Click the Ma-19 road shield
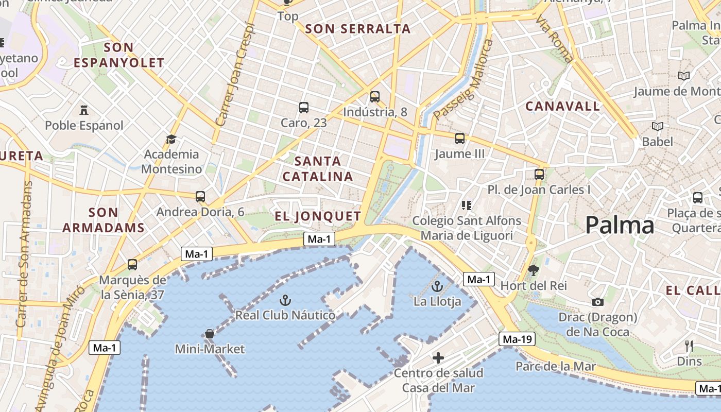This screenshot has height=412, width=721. [x=517, y=339]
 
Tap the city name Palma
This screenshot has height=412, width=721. [x=620, y=226]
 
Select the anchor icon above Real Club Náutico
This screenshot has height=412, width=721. [x=285, y=300]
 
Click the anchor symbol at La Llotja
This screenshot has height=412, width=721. [x=437, y=286]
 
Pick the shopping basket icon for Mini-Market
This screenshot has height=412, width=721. [x=210, y=334]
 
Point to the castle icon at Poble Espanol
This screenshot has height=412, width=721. [x=84, y=110]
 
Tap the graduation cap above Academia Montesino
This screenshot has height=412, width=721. [x=171, y=139]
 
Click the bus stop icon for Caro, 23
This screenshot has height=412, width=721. [x=304, y=108]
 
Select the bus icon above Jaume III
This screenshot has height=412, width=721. [x=460, y=139]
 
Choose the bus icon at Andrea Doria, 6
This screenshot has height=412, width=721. [x=200, y=196]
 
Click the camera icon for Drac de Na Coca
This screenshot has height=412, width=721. [x=598, y=302]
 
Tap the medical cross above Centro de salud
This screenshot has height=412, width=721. [x=438, y=357]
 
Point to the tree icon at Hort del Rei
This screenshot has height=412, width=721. [x=534, y=270]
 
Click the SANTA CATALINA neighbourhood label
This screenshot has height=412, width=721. [x=318, y=169]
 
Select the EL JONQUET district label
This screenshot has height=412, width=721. [x=318, y=216]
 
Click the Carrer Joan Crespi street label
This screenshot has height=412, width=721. [x=236, y=75]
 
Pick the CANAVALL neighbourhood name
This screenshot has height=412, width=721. [x=562, y=107]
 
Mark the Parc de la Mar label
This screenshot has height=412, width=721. [x=556, y=367]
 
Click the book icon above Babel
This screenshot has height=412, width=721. [x=658, y=126]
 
